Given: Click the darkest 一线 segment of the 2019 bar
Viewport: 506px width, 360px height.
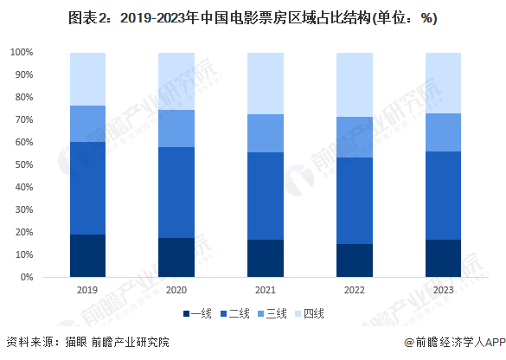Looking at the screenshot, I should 87,256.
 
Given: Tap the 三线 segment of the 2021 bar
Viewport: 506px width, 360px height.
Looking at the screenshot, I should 266,133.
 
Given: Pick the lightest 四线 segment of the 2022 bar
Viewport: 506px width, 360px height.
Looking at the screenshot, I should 355,85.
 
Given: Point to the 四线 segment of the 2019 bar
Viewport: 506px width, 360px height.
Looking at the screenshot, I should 87,79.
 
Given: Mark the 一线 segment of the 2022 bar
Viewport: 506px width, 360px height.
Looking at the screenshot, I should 355,260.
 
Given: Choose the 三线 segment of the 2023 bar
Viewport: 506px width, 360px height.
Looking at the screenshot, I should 444,132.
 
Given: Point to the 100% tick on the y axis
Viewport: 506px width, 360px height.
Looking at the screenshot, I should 22,53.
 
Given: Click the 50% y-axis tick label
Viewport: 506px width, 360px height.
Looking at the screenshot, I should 24,165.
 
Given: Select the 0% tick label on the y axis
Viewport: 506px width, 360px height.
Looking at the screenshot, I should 27,278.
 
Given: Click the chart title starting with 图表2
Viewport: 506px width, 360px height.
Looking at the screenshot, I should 252,18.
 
